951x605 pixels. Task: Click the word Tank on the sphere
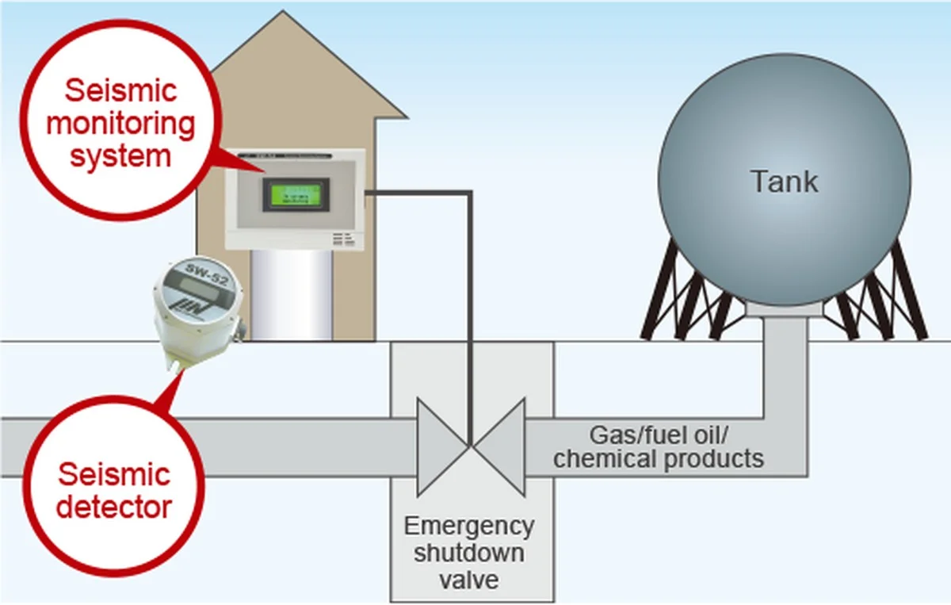[x=784, y=182]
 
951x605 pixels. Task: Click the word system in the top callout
[x=120, y=155]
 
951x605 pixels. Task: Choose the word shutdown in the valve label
[x=471, y=552]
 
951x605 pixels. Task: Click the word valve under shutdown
[x=472, y=579]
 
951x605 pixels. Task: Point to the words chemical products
[x=659, y=459]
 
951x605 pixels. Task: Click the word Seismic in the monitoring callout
[x=120, y=91]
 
